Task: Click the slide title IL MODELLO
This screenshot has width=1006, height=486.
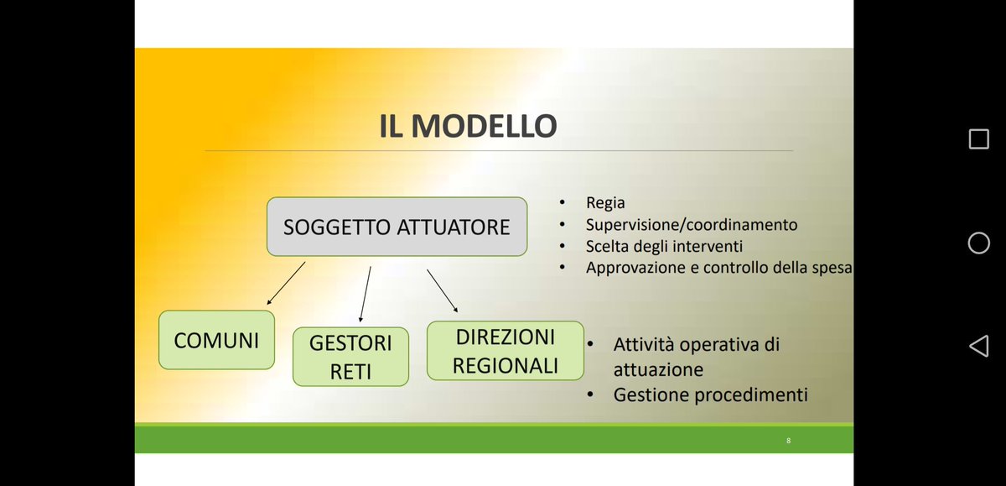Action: pos(467,126)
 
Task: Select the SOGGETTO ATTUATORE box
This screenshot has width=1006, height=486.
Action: pos(397,227)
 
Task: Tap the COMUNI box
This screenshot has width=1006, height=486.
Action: pos(216,340)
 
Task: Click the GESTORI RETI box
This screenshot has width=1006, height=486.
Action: pos(350,357)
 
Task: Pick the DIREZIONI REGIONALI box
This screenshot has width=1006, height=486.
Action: pos(505,351)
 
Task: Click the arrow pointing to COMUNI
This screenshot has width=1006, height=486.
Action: pos(286,283)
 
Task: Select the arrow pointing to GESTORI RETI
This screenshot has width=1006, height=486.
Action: pos(365,294)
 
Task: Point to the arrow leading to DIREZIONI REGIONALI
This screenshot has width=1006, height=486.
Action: pos(443,290)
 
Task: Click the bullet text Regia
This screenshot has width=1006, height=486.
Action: pos(605,203)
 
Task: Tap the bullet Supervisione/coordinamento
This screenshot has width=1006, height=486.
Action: pos(692,225)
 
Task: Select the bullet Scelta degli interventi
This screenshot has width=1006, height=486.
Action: pos(664,247)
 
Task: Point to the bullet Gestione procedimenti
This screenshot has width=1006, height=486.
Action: pos(710,395)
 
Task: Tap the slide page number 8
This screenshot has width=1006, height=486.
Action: pos(788,441)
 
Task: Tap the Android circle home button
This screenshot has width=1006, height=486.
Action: pos(978,243)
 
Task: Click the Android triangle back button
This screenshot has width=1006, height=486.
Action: pos(978,346)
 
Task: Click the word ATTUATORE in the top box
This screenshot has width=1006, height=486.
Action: pos(454,227)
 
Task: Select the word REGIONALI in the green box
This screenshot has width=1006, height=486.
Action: pos(505,365)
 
